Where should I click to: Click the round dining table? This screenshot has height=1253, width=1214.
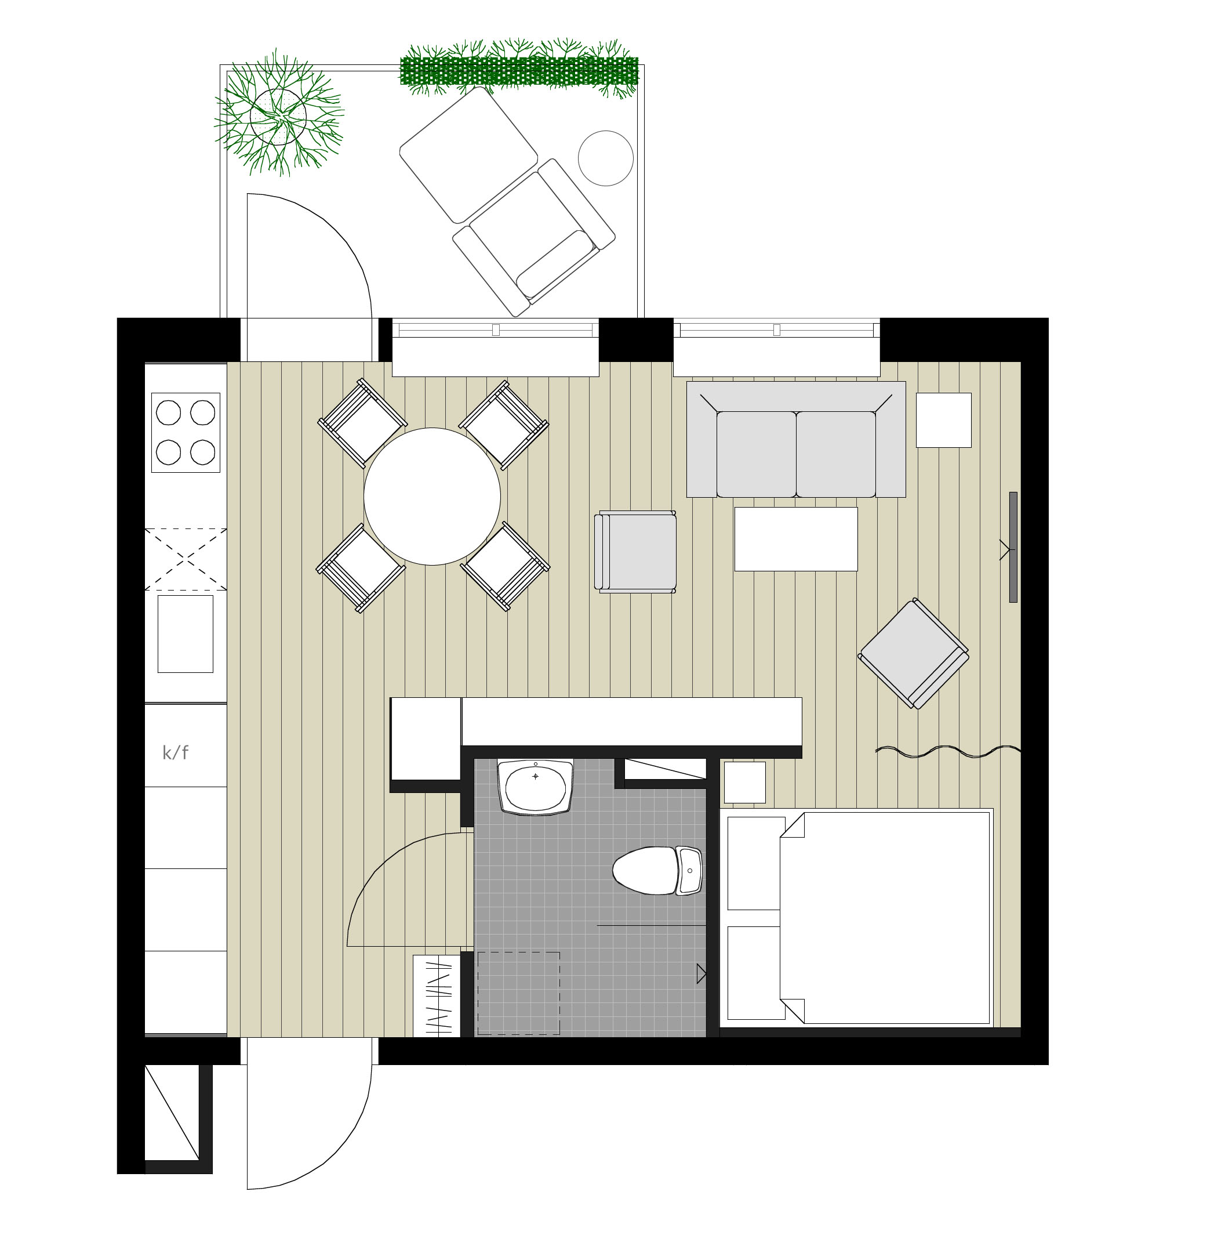(432, 497)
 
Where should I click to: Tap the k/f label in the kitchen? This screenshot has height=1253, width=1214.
(175, 752)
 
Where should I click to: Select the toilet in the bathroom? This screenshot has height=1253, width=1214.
(657, 871)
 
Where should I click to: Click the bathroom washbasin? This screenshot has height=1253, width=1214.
(536, 787)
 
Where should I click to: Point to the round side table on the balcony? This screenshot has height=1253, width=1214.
(606, 158)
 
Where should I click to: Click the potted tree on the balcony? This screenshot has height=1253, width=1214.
(279, 115)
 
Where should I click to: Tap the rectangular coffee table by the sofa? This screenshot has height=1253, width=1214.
(796, 539)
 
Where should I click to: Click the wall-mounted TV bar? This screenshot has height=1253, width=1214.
(1013, 547)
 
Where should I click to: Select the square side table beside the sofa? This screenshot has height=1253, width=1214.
(944, 420)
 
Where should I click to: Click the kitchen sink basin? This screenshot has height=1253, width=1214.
(186, 634)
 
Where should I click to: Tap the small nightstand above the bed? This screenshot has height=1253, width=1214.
(744, 783)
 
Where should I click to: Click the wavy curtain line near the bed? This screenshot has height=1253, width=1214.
(948, 751)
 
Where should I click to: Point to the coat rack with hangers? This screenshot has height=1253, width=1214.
(437, 996)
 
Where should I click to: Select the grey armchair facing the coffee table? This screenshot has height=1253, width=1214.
(635, 552)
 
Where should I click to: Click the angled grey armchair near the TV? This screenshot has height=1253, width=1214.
(914, 653)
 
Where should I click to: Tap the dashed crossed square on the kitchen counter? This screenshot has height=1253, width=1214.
(186, 559)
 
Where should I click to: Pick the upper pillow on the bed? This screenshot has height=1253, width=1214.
(757, 863)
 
